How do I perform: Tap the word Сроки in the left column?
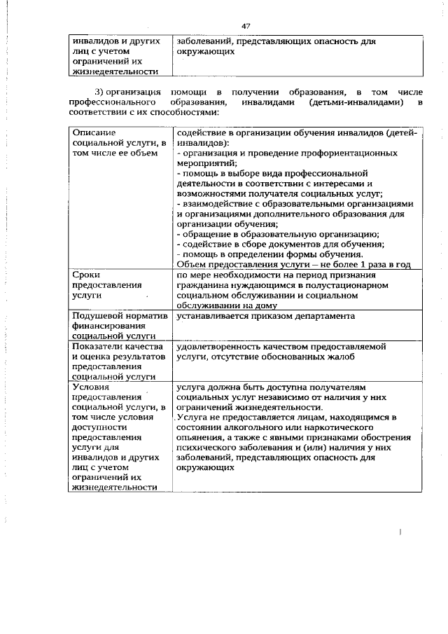point(86,275)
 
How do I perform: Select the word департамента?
point(321,316)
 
